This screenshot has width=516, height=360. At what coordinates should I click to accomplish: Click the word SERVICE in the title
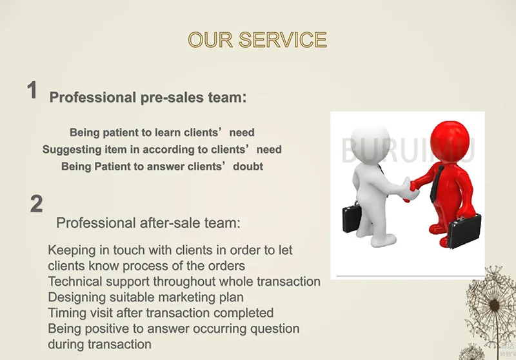pyautogui.click(x=283, y=40)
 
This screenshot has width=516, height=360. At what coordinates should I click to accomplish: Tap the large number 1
pyautogui.click(x=32, y=90)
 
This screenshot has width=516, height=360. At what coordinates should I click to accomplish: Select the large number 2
pyautogui.click(x=37, y=203)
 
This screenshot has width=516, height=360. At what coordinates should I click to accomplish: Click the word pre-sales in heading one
pyautogui.click(x=172, y=97)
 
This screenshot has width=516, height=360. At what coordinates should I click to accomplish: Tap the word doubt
pyautogui.click(x=248, y=166)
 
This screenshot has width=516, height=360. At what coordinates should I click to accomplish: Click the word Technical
pyautogui.click(x=75, y=281)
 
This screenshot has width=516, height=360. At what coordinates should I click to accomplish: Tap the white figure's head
pyautogui.click(x=370, y=143)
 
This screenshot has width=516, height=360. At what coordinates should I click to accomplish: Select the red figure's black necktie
pyautogui.click(x=437, y=184)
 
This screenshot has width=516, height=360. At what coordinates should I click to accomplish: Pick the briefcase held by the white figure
pyautogui.click(x=352, y=216)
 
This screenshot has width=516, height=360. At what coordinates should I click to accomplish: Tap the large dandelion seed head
pyautogui.click(x=493, y=305)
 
